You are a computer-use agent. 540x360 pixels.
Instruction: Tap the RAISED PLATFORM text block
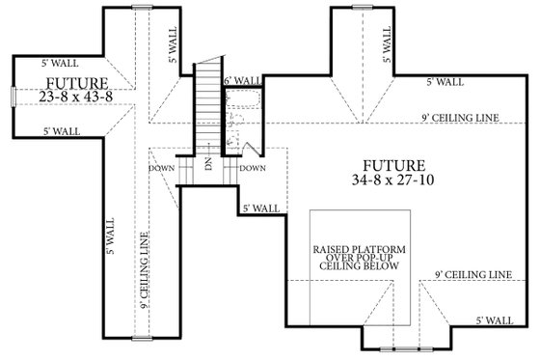tap(358, 262)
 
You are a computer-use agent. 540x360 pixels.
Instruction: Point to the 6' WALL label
tap(241, 81)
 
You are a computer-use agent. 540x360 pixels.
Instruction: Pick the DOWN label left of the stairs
tap(162, 167)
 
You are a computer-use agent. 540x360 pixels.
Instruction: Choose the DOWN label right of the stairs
tap(252, 167)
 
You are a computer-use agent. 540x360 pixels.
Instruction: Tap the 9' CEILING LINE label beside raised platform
tap(472, 274)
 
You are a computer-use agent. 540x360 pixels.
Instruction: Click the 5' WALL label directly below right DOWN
tap(260, 208)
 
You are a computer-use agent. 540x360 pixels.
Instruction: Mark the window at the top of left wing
tap(143, 7)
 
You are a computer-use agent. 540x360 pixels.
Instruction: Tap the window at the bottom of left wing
tap(143, 338)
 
